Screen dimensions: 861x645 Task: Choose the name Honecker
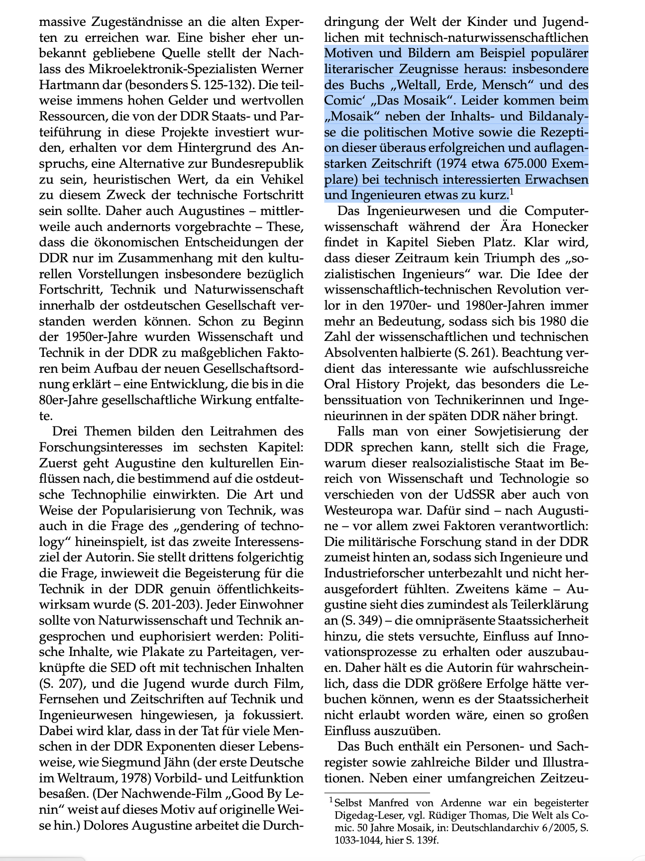pyautogui.click(x=560, y=227)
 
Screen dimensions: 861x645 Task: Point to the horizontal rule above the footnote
pyautogui.click(x=376, y=793)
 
